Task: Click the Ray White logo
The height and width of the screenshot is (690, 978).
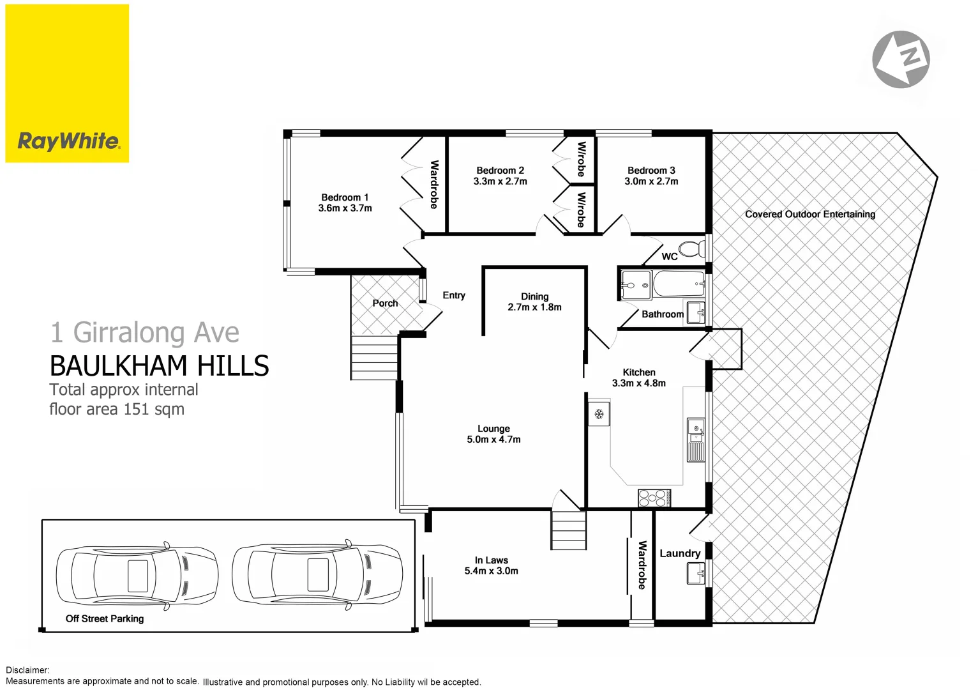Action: [x=68, y=141]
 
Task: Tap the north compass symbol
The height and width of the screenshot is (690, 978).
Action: [x=901, y=59]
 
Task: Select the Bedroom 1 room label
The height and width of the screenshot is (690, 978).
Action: [x=345, y=197]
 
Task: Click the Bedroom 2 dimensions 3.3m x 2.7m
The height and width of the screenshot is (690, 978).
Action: [x=500, y=181]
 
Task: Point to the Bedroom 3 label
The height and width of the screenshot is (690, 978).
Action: [x=651, y=171]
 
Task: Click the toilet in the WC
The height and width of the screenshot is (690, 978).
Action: [x=691, y=248]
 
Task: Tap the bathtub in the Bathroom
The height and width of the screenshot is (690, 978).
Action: [x=678, y=283]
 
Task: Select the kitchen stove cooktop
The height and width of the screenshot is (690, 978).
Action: [x=654, y=497]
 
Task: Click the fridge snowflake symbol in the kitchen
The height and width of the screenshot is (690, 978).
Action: [x=599, y=414]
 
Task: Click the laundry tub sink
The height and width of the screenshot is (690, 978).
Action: [x=696, y=573]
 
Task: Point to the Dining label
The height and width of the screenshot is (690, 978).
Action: [x=534, y=296]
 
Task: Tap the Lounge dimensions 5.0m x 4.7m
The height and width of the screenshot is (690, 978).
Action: [x=493, y=440]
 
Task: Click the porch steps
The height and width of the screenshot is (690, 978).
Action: [x=374, y=357]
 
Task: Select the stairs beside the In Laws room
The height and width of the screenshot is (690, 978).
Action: [x=568, y=530]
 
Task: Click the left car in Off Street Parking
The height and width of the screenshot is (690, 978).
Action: [x=137, y=575]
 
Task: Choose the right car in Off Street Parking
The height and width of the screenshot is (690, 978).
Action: [x=317, y=574]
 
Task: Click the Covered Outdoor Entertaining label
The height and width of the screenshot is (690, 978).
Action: [x=809, y=215]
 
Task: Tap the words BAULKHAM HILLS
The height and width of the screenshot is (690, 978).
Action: [x=160, y=366]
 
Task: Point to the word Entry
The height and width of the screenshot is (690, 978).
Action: [x=454, y=295]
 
